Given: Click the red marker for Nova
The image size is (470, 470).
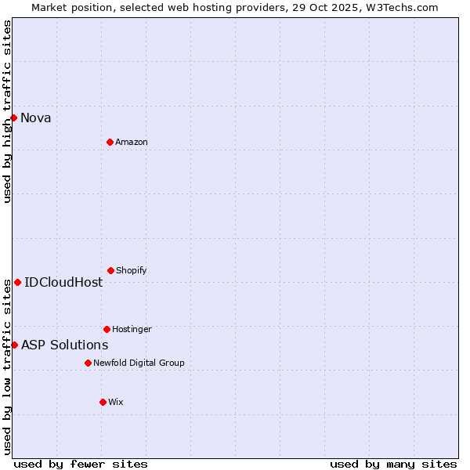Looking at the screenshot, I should tap(13, 117).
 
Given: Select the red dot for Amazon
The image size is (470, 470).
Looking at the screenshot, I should tap(110, 142).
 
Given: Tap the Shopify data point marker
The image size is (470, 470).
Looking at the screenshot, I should tap(110, 270).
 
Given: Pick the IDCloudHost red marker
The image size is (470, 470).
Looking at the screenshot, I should tap(17, 282).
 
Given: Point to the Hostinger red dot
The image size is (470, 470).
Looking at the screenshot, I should tap(107, 329).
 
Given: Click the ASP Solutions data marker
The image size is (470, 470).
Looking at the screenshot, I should tap(14, 345).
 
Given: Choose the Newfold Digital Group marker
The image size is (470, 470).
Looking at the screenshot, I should tap(88, 363).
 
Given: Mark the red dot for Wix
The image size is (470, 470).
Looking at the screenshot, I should tap(103, 402).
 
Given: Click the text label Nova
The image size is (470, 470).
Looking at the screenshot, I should tap(36, 118).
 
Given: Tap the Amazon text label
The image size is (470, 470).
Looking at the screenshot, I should tap(132, 143).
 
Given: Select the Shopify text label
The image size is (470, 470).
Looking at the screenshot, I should tap(132, 271).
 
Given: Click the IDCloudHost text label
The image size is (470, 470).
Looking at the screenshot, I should tap(63, 283).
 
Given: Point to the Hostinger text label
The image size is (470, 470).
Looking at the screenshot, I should tap(132, 330).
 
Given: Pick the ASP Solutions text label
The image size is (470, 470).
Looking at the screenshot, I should tap(64, 345).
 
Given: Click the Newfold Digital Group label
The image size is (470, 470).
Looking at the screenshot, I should tap(139, 363).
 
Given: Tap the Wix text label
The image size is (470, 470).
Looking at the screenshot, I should tap(116, 403).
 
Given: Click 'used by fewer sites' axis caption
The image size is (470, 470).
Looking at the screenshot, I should tap(81, 464).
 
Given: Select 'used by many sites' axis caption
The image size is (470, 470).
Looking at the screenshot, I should tap(393, 464).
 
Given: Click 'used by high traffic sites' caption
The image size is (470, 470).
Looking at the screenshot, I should tap(7, 111).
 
